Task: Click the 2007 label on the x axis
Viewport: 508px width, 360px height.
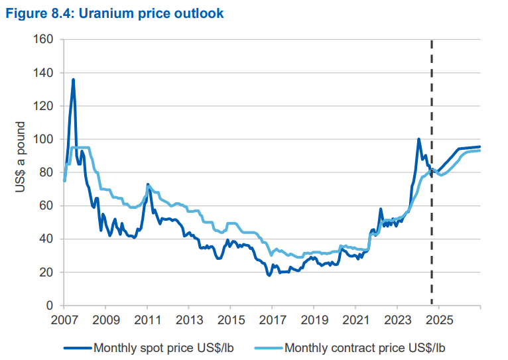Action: click(x=64, y=320)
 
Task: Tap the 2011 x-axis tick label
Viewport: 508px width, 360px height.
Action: click(x=147, y=320)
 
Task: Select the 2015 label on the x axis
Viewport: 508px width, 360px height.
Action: click(x=230, y=320)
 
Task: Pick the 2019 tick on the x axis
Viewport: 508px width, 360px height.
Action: click(x=314, y=320)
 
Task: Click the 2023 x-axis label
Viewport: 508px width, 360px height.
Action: click(x=397, y=320)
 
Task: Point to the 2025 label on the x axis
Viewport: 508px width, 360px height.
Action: click(x=438, y=320)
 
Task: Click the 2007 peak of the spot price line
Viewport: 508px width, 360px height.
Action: click(x=73, y=80)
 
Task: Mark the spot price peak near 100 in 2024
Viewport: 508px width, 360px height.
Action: click(x=418, y=139)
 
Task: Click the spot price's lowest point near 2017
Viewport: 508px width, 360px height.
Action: click(x=269, y=274)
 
